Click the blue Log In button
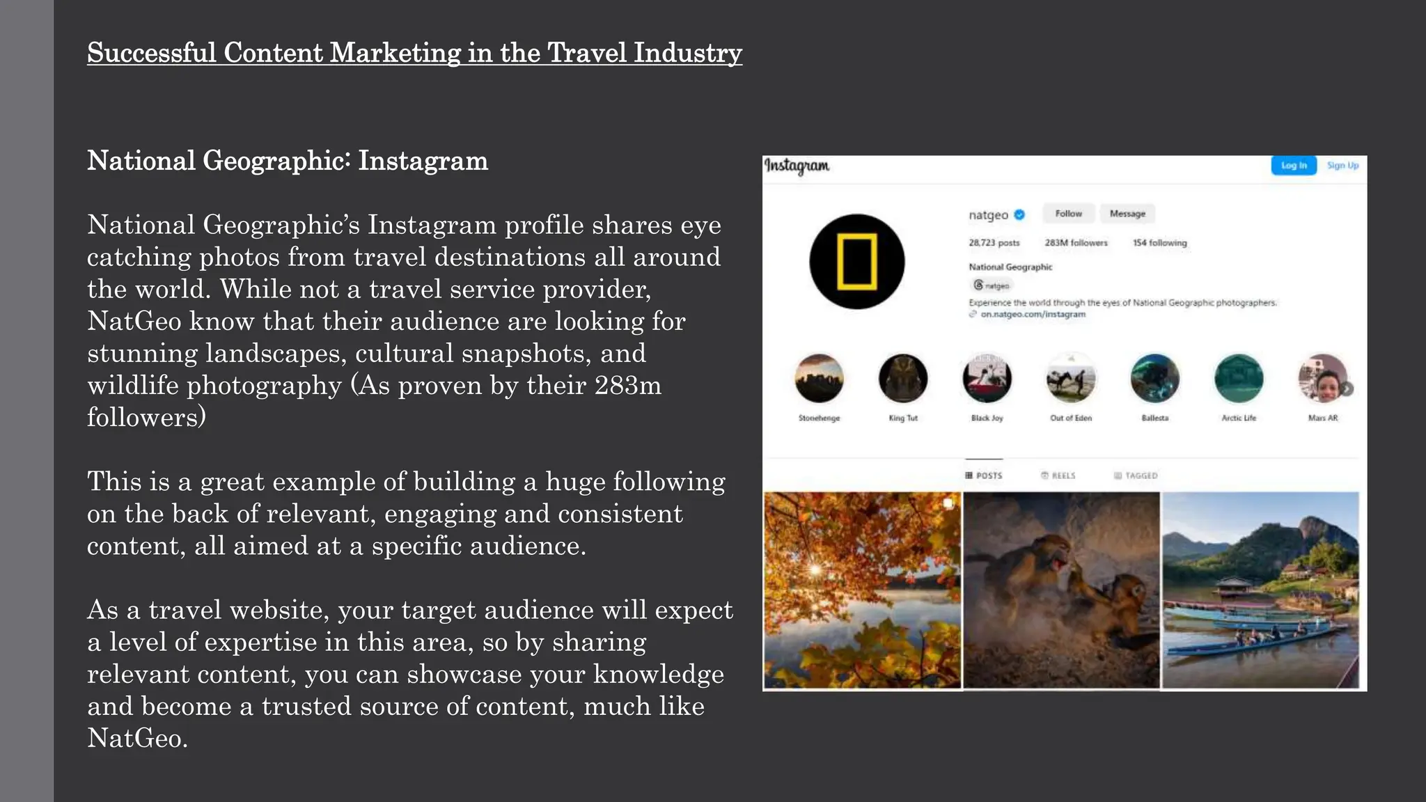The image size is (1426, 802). point(1293,166)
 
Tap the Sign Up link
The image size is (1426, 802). point(1342,166)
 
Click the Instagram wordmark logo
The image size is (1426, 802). point(797,166)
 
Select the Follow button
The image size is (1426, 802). point(1068,214)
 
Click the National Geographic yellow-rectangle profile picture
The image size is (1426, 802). point(856,262)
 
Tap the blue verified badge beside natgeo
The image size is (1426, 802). point(1019,214)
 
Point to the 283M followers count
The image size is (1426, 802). point(1076,243)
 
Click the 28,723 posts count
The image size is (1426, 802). point(994,243)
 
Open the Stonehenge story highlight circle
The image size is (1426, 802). point(819,379)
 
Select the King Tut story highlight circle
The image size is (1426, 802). point(903,379)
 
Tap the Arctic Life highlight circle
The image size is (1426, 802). point(1239,379)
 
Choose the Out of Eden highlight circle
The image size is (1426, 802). point(1071,379)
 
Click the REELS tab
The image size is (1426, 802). point(1058,475)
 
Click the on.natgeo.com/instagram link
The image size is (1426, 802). point(1033,315)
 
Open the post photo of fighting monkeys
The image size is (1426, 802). point(1061,590)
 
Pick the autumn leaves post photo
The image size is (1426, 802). point(862,590)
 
